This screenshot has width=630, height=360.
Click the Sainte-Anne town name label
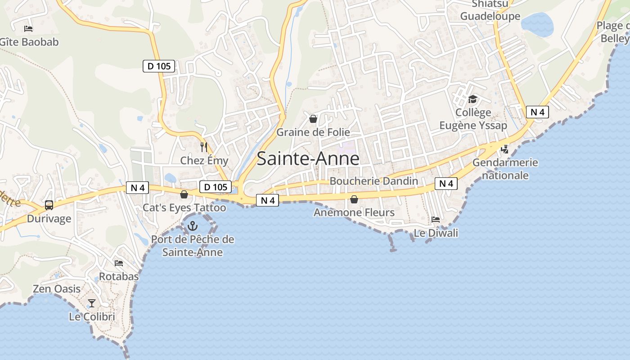[308, 159]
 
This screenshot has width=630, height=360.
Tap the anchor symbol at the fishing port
[193, 226]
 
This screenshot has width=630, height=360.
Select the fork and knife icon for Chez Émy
[204, 147]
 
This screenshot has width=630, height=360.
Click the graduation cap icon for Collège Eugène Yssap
[472, 99]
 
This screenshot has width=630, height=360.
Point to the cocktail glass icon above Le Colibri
[92, 303]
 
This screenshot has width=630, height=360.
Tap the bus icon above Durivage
[49, 205]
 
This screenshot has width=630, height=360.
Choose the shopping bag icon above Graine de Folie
[313, 119]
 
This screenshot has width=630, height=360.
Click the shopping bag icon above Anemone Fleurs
[354, 199]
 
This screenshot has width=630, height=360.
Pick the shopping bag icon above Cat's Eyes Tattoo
[184, 194]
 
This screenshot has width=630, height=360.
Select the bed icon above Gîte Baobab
[28, 29]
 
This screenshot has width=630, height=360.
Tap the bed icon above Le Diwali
[436, 220]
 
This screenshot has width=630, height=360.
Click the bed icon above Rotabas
[119, 263]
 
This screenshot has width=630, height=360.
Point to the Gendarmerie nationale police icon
[505, 149]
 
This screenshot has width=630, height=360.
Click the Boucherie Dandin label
[374, 181]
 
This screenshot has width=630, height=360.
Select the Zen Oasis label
[57, 289]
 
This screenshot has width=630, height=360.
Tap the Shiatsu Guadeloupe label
[490, 10]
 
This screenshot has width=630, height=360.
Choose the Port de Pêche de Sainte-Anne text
[193, 246]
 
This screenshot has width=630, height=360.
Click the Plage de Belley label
[615, 31]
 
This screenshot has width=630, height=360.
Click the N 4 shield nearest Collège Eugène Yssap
[537, 112]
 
